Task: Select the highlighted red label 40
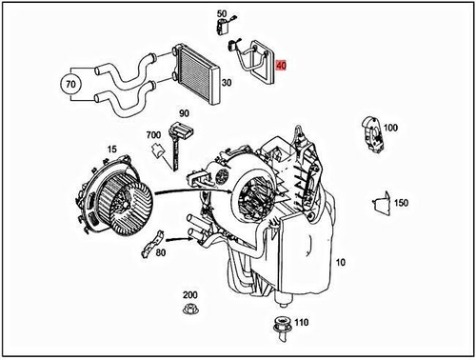tap(281, 67)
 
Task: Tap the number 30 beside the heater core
tap(226, 83)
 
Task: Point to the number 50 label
tap(222, 13)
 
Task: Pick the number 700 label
tap(152, 136)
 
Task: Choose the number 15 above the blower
tap(111, 149)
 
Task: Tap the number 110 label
tap(303, 323)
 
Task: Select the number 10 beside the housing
tap(341, 261)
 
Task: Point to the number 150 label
tap(401, 203)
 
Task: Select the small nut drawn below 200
tap(189, 312)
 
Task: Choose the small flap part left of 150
tap(379, 202)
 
